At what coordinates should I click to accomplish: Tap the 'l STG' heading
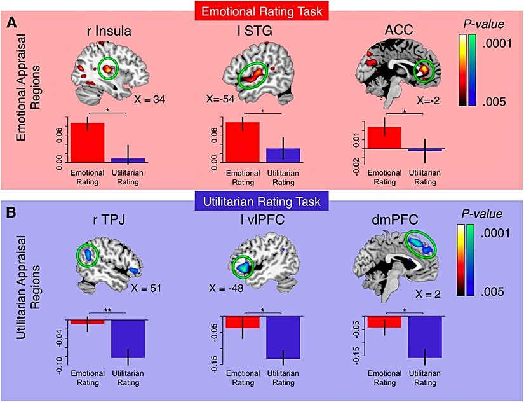[248, 28]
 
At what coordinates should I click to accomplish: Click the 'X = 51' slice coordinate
[147, 287]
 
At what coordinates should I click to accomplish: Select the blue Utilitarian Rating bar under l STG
[283, 155]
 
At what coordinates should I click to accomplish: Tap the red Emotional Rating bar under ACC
[384, 137]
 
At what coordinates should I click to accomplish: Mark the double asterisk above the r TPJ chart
[107, 311]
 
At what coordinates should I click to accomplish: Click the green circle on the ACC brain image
[424, 71]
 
